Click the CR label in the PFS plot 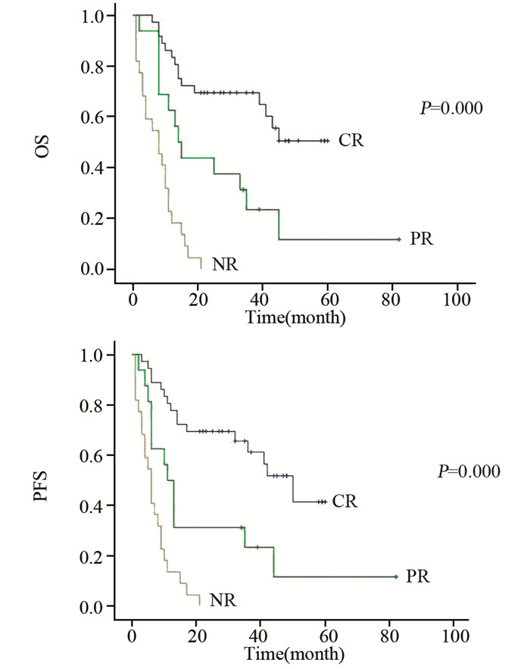point(344,502)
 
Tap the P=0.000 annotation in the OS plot point(452,108)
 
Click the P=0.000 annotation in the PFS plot point(469,472)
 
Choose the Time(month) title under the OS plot point(296,317)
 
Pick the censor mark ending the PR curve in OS point(398,239)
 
